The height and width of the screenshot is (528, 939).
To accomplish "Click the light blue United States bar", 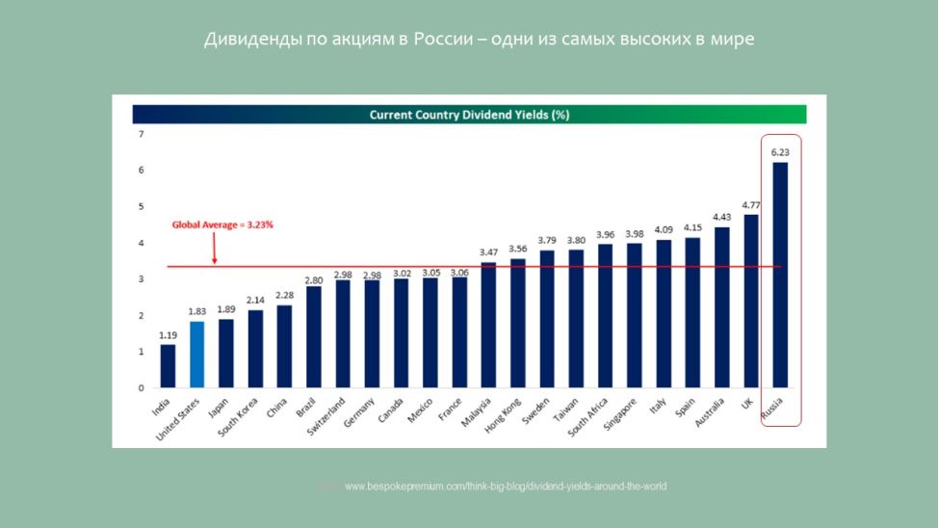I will (x=196, y=355).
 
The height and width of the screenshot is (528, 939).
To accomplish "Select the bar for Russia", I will (x=780, y=275).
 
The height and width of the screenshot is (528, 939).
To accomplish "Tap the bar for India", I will (x=168, y=366).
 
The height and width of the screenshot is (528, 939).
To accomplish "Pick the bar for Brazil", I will (x=314, y=337).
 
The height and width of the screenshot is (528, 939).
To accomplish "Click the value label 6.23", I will (x=780, y=152).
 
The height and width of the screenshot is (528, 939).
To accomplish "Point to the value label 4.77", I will (x=751, y=204).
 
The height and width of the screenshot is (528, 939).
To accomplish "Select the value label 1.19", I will (x=168, y=334).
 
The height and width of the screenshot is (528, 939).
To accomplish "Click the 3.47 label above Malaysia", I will (x=488, y=251).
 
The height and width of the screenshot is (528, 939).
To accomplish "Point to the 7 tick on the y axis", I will (x=141, y=134).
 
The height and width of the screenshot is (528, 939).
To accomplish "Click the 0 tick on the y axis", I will (x=141, y=388).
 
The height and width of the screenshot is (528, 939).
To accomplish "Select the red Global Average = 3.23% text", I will (x=222, y=224).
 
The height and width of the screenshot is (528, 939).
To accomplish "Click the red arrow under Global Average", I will (x=214, y=251).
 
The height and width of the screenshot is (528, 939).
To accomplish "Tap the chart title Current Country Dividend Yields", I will (x=469, y=115).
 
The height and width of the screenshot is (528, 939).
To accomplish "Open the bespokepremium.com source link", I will (x=505, y=487).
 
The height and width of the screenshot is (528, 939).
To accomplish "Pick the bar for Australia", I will (x=721, y=307).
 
